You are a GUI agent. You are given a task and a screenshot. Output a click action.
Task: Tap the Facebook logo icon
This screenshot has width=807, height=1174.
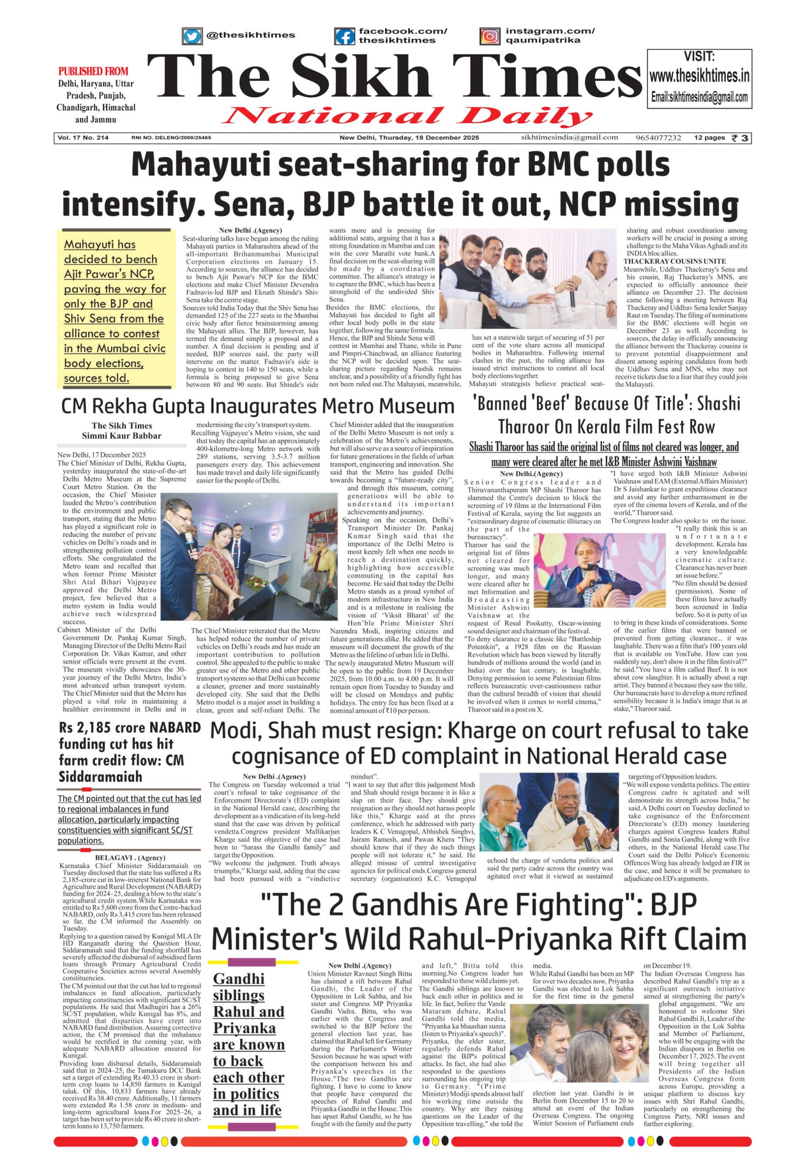pyautogui.click(x=344, y=36)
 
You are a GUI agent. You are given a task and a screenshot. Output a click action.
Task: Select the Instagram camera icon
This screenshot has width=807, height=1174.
pyautogui.click(x=489, y=36)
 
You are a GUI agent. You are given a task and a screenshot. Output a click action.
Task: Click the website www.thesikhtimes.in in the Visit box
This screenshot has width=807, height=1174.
pyautogui.click(x=699, y=76)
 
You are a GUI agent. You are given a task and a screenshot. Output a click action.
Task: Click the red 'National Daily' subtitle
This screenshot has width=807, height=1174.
pyautogui.click(x=407, y=117)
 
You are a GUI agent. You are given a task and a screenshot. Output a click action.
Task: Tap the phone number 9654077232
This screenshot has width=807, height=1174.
pyautogui.click(x=658, y=138)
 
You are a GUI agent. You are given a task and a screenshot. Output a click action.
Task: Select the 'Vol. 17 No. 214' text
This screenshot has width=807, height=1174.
pyautogui.click(x=83, y=138)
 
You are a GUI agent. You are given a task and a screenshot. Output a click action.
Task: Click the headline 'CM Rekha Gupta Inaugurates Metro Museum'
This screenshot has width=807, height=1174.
pyautogui.click(x=257, y=406)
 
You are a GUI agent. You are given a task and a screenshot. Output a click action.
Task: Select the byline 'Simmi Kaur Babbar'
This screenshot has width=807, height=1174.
pyautogui.click(x=122, y=435)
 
